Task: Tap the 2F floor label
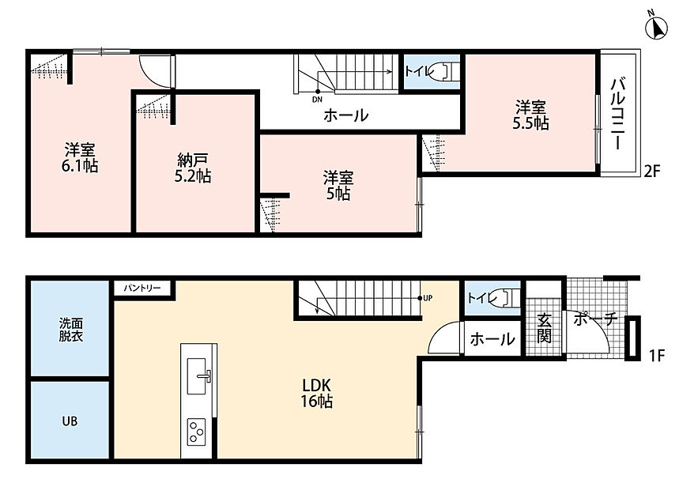pos(651,172)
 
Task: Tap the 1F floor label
pos(657,356)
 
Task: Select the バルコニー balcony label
pos(619,114)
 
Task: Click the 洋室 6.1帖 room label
pos(80,157)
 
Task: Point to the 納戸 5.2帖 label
pos(193,168)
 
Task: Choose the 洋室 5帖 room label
pos(338,185)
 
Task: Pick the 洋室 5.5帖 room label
pos(530,115)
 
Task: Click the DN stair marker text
pos(317,100)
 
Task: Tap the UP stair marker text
pos(428,298)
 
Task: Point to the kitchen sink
pos(198,376)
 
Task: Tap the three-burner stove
pos(196,432)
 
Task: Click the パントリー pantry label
pos(142,288)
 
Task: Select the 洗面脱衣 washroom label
pos(71,330)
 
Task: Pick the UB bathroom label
pos(70,421)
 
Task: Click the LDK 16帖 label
pos(316,393)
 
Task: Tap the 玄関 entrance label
pos(544,328)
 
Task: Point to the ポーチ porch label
pos(595,319)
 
